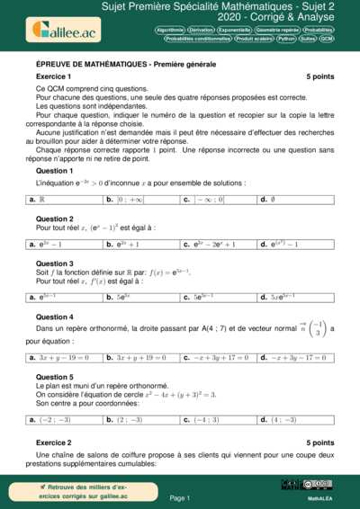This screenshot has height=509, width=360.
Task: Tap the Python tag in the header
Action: click(x=286, y=40)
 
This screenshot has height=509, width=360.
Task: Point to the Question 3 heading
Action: click(x=54, y=263)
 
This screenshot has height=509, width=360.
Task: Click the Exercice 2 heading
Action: click(x=53, y=442)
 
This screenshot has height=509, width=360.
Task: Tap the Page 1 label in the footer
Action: click(x=180, y=496)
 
